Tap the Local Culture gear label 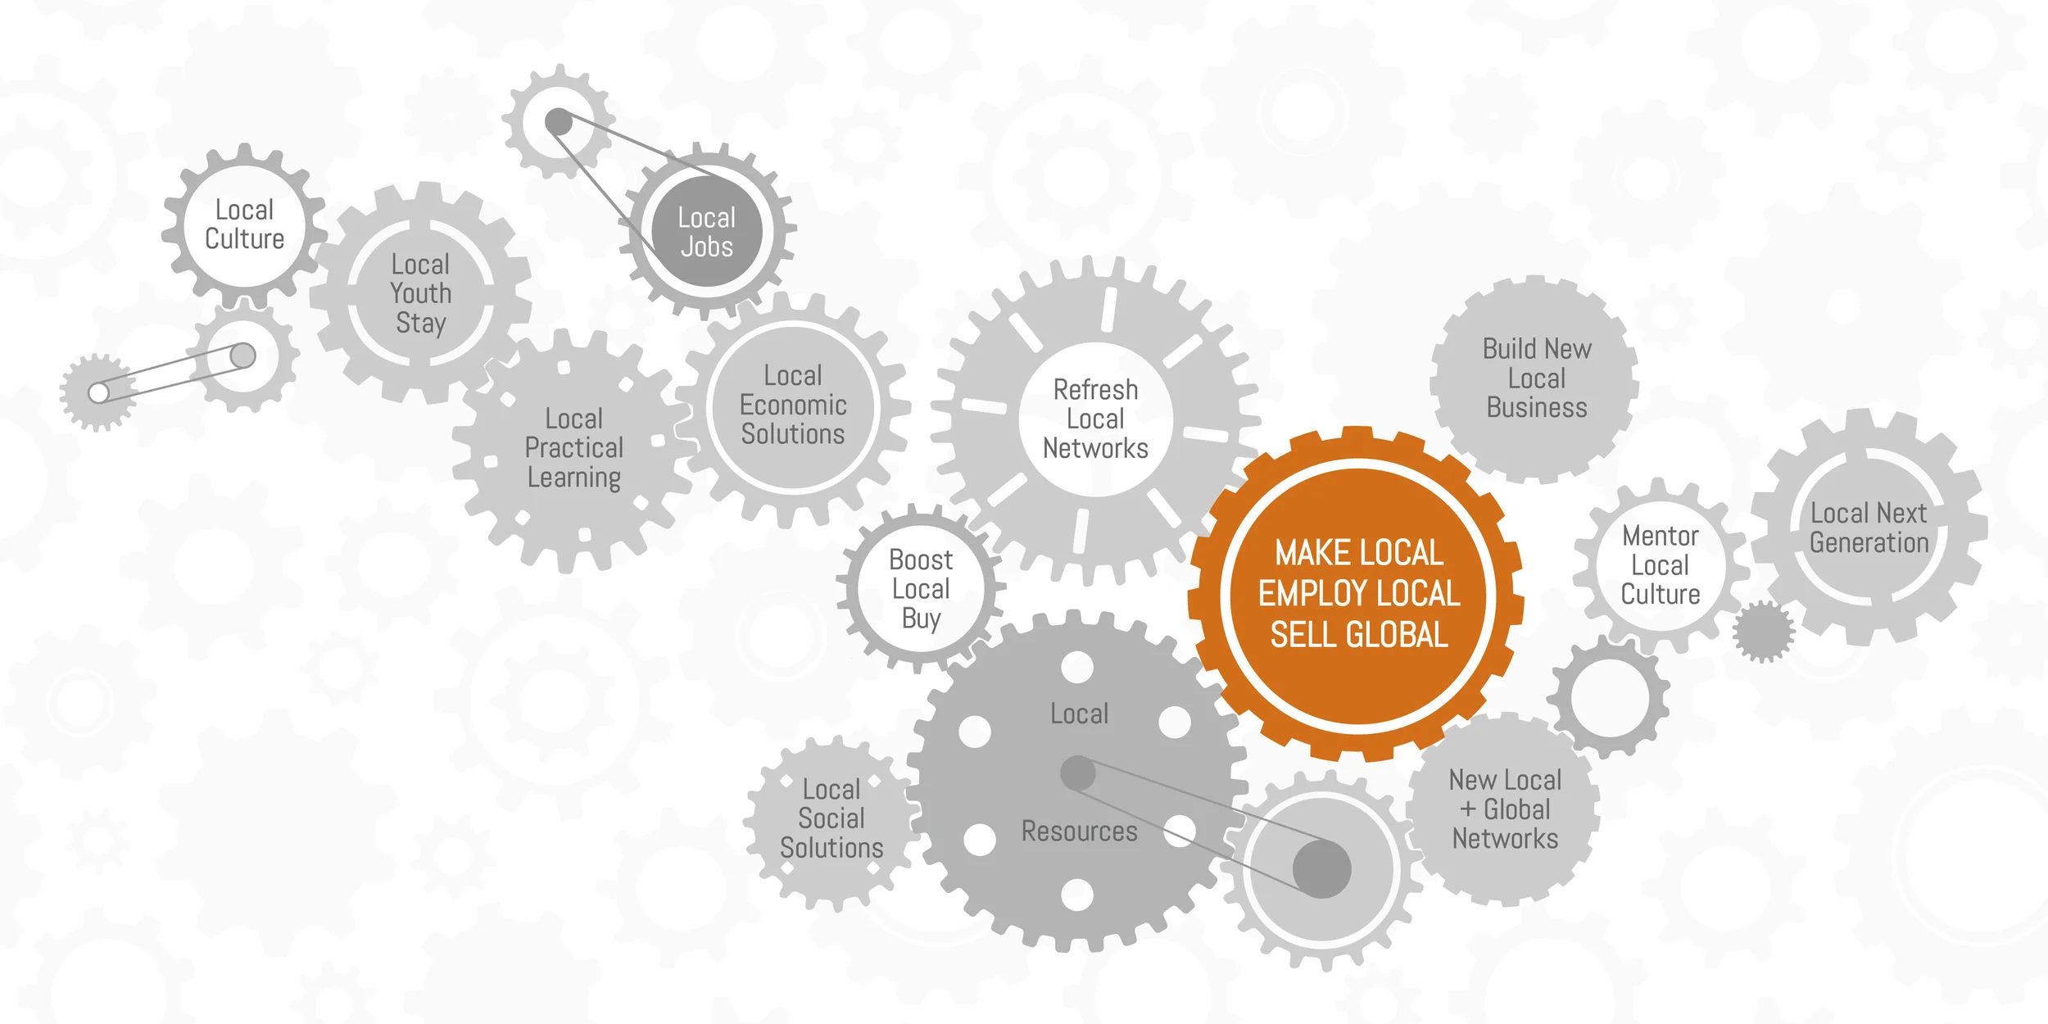pyautogui.click(x=244, y=224)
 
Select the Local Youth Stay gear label pyautogui.click(x=420, y=293)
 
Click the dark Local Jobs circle pyautogui.click(x=706, y=233)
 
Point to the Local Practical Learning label pyautogui.click(x=573, y=448)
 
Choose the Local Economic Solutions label pyautogui.click(x=792, y=405)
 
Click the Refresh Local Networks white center pyautogui.click(x=1095, y=419)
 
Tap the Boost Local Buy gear pyautogui.click(x=921, y=589)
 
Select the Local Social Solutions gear pyautogui.click(x=831, y=818)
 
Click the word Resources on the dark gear pyautogui.click(x=1079, y=831)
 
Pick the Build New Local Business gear pyautogui.click(x=1536, y=378)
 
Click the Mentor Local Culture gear pyautogui.click(x=1661, y=565)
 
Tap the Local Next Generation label pyautogui.click(x=1869, y=528)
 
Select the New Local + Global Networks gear pyautogui.click(x=1505, y=809)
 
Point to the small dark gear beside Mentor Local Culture pyautogui.click(x=1763, y=631)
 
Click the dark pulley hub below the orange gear pyautogui.click(x=1321, y=868)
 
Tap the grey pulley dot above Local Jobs pyautogui.click(x=559, y=122)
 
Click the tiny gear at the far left pyautogui.click(x=98, y=392)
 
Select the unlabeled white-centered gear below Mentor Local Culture pyautogui.click(x=1610, y=698)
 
